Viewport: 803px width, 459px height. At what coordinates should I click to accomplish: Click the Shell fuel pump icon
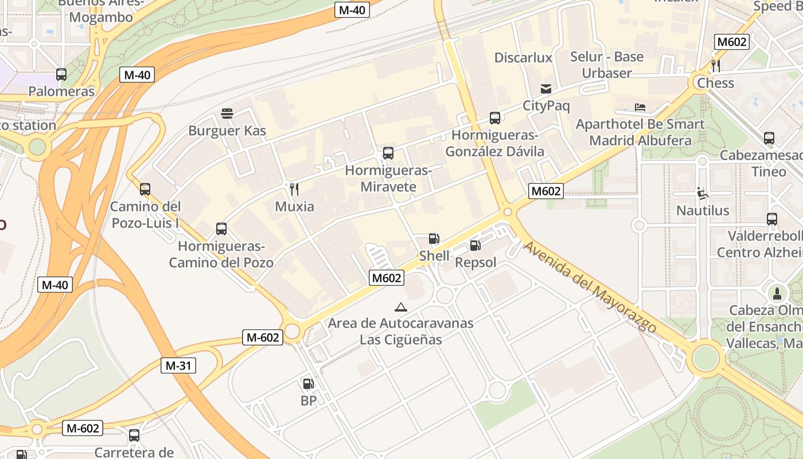click(434, 239)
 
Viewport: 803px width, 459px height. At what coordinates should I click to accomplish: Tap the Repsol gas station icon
click(475, 246)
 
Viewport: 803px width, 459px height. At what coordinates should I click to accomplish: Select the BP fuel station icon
click(308, 384)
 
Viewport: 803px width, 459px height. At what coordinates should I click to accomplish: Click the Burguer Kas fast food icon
click(227, 114)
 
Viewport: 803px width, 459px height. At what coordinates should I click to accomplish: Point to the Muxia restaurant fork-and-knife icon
click(294, 189)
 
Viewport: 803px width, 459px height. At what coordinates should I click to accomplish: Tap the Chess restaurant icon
click(715, 66)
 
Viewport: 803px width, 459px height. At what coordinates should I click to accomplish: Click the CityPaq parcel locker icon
click(545, 89)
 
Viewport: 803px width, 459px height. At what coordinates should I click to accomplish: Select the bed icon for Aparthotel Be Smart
click(640, 107)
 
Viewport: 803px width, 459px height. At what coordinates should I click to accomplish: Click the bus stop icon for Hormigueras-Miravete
click(388, 153)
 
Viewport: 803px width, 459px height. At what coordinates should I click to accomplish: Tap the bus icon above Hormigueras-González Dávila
click(495, 118)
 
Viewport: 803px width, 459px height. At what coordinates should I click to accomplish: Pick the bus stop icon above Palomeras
click(61, 75)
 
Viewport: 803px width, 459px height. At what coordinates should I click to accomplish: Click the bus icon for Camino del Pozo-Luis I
click(145, 189)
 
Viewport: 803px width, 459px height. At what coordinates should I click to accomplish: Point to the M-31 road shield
click(178, 365)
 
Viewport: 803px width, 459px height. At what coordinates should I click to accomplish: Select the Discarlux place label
click(523, 57)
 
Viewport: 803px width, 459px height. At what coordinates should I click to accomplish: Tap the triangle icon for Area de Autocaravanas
click(401, 307)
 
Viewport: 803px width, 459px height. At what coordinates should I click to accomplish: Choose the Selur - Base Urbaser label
click(607, 65)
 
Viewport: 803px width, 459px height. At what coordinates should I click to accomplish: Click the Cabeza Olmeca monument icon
click(777, 294)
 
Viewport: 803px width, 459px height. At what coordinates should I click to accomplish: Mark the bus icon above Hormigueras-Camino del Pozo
click(221, 229)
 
